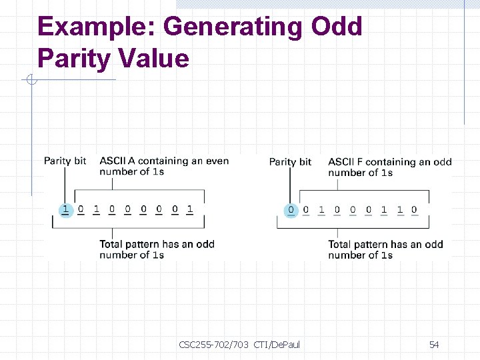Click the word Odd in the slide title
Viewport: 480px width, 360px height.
pyautogui.click(x=336, y=27)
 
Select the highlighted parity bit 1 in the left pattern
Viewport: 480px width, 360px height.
pyautogui.click(x=65, y=209)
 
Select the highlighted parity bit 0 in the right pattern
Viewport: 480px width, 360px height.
pyautogui.click(x=291, y=210)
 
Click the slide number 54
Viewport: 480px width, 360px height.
pyautogui.click(x=434, y=345)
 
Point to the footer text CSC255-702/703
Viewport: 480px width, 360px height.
pyautogui.click(x=213, y=345)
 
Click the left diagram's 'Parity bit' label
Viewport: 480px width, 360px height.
pyautogui.click(x=65, y=161)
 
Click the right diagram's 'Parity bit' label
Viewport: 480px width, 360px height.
pyautogui.click(x=290, y=162)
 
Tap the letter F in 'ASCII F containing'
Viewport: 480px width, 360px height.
pyautogui.click(x=360, y=162)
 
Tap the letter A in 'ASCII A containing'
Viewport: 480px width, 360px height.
pyautogui.click(x=131, y=161)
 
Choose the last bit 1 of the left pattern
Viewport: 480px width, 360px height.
pyautogui.click(x=190, y=209)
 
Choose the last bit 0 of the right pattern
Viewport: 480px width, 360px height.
pyautogui.click(x=414, y=210)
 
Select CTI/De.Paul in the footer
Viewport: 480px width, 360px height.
pyautogui.click(x=277, y=345)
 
